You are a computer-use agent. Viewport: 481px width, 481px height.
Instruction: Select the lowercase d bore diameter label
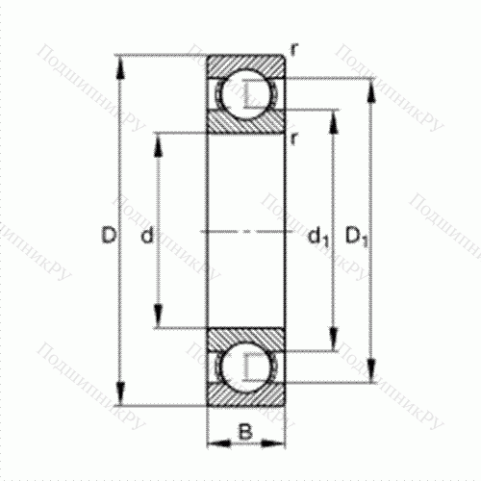click(x=145, y=235)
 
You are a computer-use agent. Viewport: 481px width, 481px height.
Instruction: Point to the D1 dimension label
click(x=357, y=235)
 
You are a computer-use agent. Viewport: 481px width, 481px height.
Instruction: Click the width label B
click(x=246, y=433)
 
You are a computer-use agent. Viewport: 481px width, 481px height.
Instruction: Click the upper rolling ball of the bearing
click(x=246, y=94)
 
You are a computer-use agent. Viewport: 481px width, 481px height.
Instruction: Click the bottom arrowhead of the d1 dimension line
click(x=334, y=346)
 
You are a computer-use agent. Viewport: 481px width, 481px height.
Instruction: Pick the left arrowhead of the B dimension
click(x=214, y=442)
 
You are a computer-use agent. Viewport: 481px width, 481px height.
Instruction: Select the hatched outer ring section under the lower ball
click(x=246, y=397)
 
